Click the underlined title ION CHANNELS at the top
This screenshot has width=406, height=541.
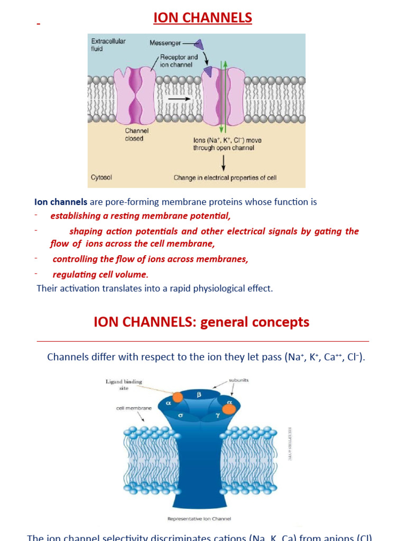(202, 18)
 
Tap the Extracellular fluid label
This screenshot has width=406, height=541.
(108, 44)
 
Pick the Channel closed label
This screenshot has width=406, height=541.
(136, 135)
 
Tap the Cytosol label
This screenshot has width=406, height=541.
(101, 178)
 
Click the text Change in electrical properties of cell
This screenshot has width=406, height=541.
(225, 178)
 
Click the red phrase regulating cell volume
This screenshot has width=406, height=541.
(100, 274)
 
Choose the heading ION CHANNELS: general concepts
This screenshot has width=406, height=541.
(201, 322)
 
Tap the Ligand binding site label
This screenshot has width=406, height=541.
(124, 385)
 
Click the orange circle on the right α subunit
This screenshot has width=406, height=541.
(229, 408)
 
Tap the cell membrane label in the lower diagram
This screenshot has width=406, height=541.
(134, 408)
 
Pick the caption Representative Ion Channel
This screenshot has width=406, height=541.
(199, 519)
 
